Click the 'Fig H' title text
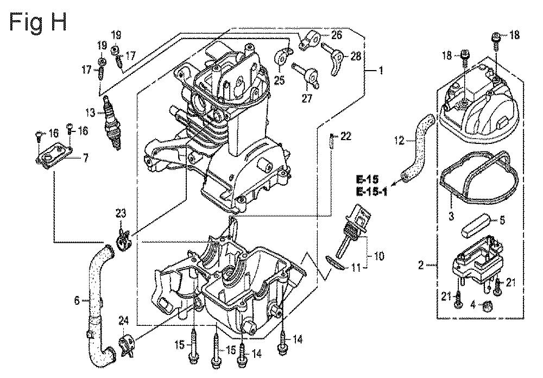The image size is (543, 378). [x=38, y=23]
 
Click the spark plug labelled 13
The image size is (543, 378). [x=112, y=123]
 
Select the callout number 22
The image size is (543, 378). [x=345, y=136]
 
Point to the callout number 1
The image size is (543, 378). [x=381, y=71]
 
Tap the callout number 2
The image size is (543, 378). [x=421, y=266]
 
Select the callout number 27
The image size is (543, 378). [x=306, y=98]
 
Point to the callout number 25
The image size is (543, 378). [x=279, y=80]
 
